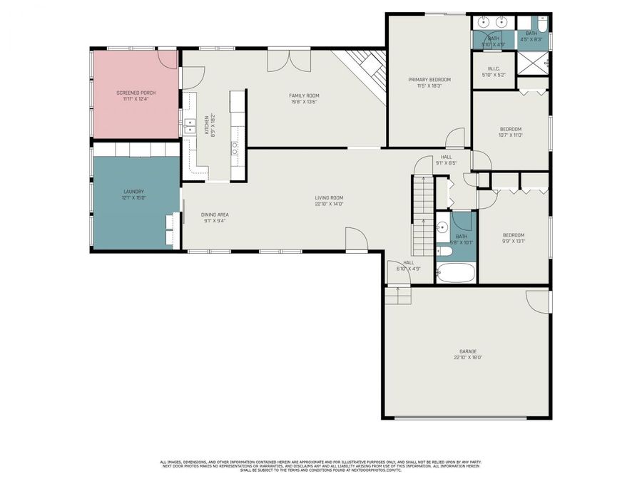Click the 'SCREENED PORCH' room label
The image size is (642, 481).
click(x=136, y=93)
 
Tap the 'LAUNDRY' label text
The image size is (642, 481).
click(x=134, y=191)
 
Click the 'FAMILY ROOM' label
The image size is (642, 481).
click(x=303, y=95)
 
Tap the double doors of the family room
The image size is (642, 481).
click(x=280, y=60)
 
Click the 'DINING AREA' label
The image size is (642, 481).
click(x=215, y=214)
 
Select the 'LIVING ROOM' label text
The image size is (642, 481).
click(x=330, y=197)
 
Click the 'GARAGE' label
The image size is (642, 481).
click(x=468, y=351)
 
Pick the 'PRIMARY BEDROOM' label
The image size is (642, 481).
click(x=429, y=79)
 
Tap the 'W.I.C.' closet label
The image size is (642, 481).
click(x=494, y=69)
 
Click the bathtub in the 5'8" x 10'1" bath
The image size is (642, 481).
click(x=456, y=272)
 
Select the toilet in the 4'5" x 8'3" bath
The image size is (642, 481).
click(x=542, y=27)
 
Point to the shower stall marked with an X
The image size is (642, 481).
click(x=532, y=64)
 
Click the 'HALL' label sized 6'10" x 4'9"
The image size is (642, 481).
click(x=409, y=262)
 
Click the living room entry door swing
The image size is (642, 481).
click(x=356, y=239)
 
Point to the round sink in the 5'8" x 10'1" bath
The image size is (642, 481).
click(x=442, y=229)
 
